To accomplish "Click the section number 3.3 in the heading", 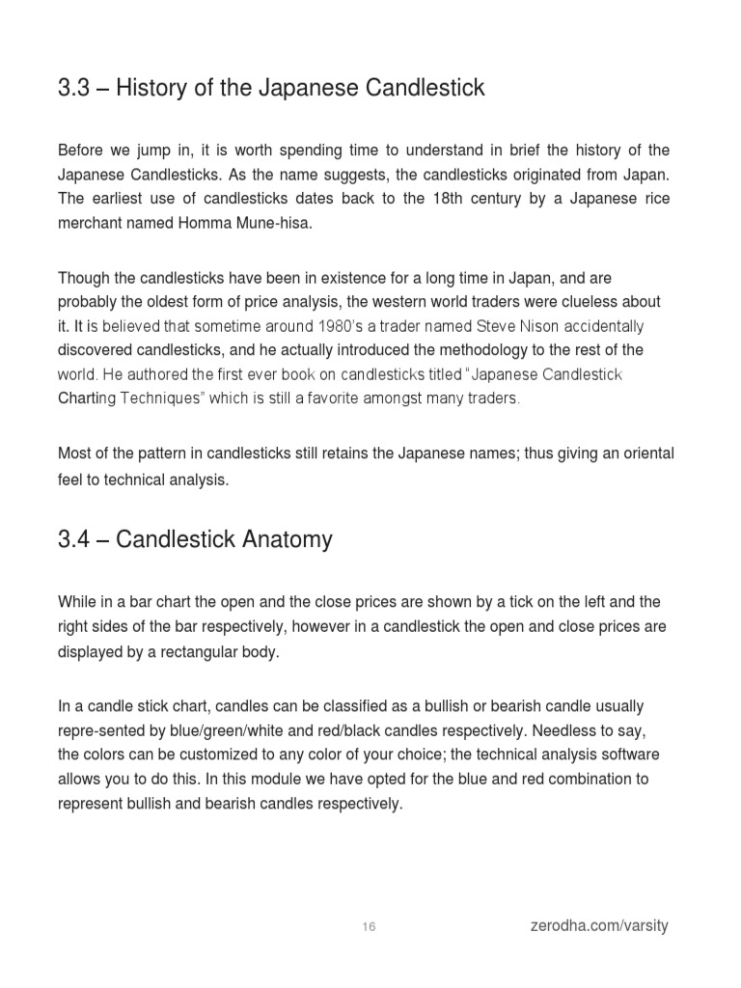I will (x=73, y=89).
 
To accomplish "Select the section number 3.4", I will (x=73, y=538).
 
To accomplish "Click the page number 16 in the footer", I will (x=370, y=927).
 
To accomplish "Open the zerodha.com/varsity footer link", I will (x=598, y=926).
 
